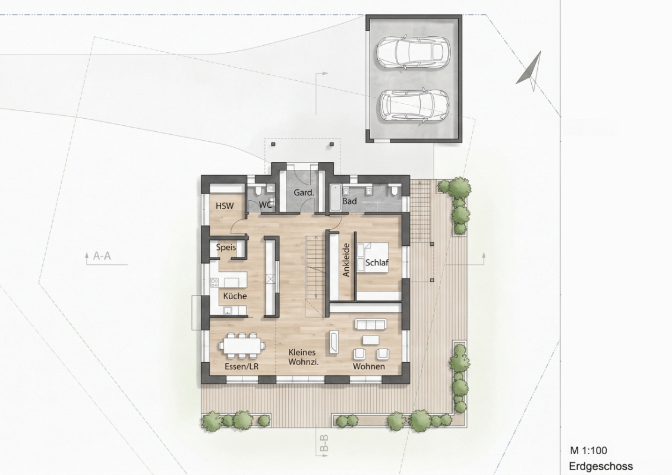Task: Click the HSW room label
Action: click(x=225, y=206)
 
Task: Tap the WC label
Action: click(x=266, y=205)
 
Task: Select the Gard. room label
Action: click(x=304, y=193)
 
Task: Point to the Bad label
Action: click(x=349, y=201)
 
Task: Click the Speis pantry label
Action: click(x=226, y=247)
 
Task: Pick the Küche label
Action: click(x=235, y=296)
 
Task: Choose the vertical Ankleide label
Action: click(x=346, y=260)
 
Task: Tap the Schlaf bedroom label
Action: click(x=377, y=262)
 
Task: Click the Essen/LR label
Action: click(x=241, y=366)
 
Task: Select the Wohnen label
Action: click(x=368, y=366)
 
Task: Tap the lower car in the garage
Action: click(x=413, y=106)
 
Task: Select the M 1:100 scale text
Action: click(x=588, y=451)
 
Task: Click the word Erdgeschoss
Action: click(x=601, y=467)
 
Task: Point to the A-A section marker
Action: click(x=102, y=256)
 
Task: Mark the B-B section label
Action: click(x=324, y=444)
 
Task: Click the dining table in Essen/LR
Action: click(x=242, y=345)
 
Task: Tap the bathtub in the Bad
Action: click(x=335, y=198)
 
